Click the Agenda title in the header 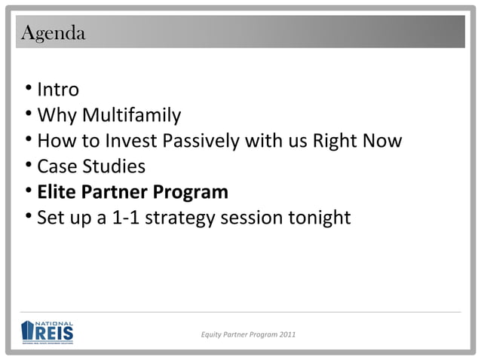54,34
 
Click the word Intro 58,90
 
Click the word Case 57,167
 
